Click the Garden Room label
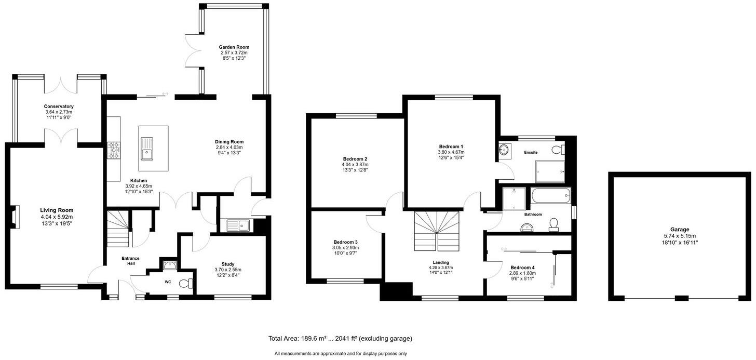click(233, 47)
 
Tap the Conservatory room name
click(59, 106)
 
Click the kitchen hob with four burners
click(114, 151)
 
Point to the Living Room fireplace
click(16, 217)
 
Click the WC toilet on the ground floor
click(186, 283)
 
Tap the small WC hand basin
click(169, 265)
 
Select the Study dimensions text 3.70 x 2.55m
click(228, 270)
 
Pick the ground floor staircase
click(118, 229)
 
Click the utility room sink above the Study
click(238, 225)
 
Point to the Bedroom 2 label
click(355, 159)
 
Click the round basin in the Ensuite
click(504, 150)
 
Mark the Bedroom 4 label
click(522, 268)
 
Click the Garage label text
click(679, 229)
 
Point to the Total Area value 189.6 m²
click(312, 339)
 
